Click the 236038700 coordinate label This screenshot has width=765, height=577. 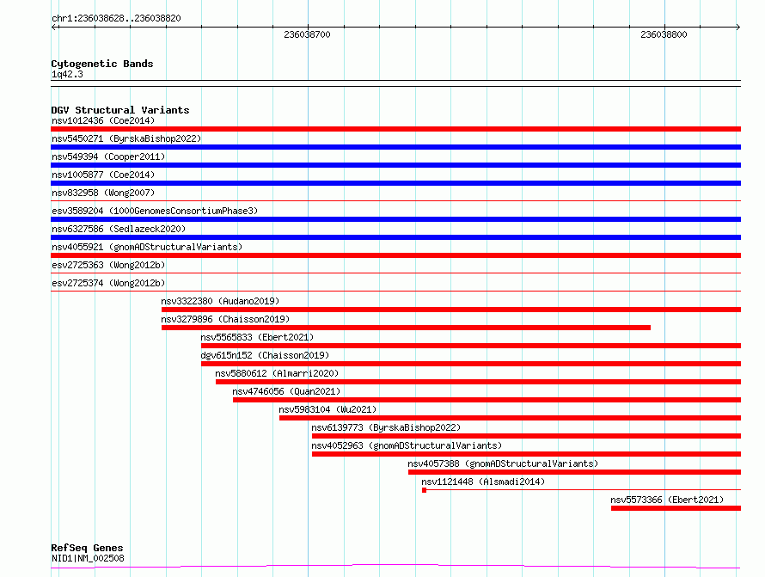[x=307, y=34]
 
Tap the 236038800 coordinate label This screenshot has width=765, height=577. [x=664, y=34]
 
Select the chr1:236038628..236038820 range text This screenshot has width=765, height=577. [x=116, y=19]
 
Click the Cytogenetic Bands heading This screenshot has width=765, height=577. [x=102, y=64]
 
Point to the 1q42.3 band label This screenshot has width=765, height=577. [x=67, y=74]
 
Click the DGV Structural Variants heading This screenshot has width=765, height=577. [x=120, y=110]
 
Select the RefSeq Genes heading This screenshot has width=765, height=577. [x=87, y=548]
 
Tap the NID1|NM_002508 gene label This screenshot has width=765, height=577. [x=88, y=558]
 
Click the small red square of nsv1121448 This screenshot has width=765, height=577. [x=424, y=490]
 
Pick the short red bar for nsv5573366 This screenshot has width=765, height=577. [x=676, y=508]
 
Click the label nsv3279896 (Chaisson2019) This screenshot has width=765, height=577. [x=225, y=319]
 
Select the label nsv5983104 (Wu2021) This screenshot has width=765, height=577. [x=327, y=409]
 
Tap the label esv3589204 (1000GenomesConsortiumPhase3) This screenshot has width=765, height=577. [x=155, y=211]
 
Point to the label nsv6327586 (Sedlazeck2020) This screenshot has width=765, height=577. [x=119, y=229]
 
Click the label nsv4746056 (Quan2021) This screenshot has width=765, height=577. [x=286, y=391]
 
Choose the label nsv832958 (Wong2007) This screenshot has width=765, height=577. [x=103, y=193]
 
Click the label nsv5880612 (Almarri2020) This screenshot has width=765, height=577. [x=277, y=373]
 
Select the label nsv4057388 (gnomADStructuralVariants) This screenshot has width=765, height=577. [x=503, y=463]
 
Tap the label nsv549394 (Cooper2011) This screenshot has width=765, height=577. [x=108, y=157]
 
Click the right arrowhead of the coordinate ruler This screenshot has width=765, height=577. [x=738, y=28]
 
